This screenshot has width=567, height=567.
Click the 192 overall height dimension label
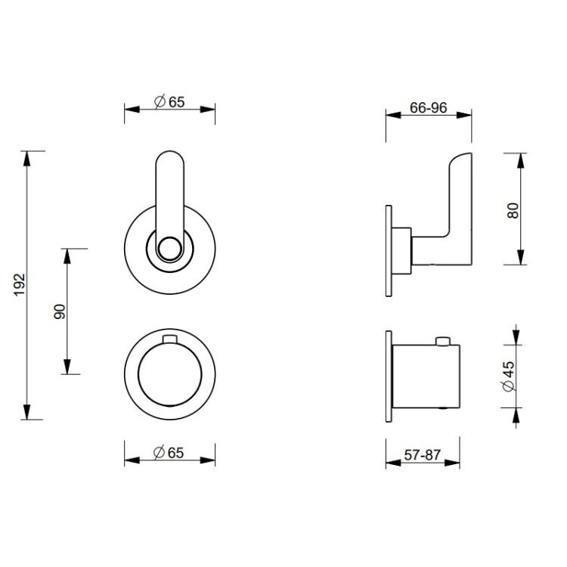click(19, 284)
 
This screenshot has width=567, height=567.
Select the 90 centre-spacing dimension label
click(60, 311)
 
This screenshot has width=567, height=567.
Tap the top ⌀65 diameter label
click(169, 102)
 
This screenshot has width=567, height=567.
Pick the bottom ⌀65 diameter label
click(169, 453)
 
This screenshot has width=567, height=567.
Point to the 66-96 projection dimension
click(429, 107)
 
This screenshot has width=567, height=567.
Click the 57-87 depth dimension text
click(423, 454)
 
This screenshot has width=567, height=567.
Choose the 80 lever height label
click(513, 210)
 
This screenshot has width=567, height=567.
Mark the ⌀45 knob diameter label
click(509, 376)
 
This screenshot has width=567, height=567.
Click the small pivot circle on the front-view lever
click(170, 249)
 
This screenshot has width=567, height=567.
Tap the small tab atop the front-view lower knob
click(170, 339)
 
